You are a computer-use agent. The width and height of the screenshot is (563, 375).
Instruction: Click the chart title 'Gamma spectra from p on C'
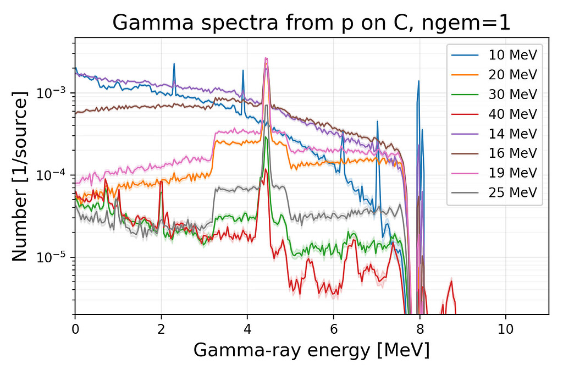pyautogui.click(x=311, y=23)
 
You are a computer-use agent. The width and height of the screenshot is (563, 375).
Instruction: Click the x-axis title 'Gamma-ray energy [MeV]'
pyautogui.click(x=311, y=350)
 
